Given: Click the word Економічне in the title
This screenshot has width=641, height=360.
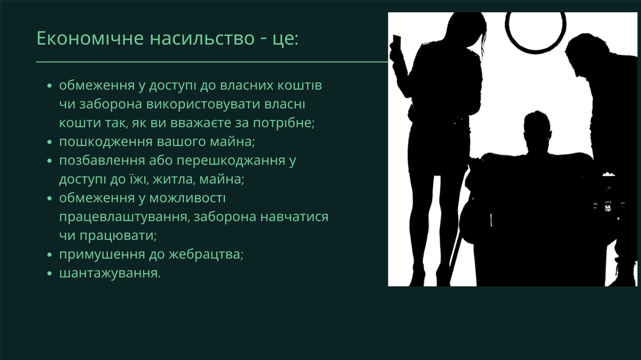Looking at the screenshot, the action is point(90,38).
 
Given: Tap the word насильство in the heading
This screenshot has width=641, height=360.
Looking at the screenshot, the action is point(202,38).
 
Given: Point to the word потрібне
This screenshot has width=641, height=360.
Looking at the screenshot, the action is point(284,123).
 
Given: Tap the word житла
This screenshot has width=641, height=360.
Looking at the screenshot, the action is point(174,180).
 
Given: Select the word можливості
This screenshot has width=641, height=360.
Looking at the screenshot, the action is point(187,198).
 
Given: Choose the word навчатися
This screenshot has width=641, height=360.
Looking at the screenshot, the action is point(295,217).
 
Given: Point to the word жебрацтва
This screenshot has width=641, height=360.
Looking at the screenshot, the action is point(206,254).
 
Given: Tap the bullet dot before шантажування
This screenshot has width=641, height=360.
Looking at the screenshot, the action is point(49,274).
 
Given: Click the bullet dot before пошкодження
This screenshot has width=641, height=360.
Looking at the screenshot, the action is point(49,142).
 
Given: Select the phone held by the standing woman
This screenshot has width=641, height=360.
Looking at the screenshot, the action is point(397,42).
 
